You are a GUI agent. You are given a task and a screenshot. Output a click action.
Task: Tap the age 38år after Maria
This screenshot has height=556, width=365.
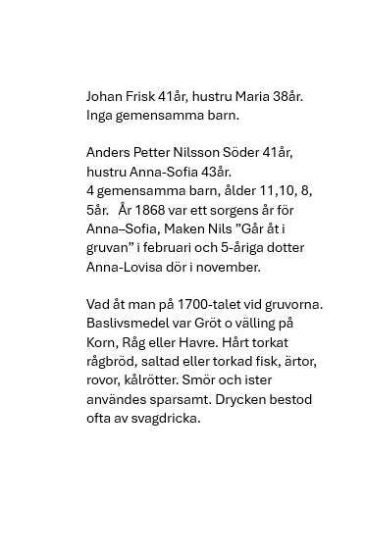click(x=287, y=96)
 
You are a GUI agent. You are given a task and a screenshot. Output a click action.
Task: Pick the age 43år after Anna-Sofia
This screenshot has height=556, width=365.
click(x=215, y=172)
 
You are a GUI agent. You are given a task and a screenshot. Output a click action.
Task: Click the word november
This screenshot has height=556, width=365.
click(x=228, y=267)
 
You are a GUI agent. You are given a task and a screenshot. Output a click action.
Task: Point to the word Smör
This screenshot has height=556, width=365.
click(x=199, y=380)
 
